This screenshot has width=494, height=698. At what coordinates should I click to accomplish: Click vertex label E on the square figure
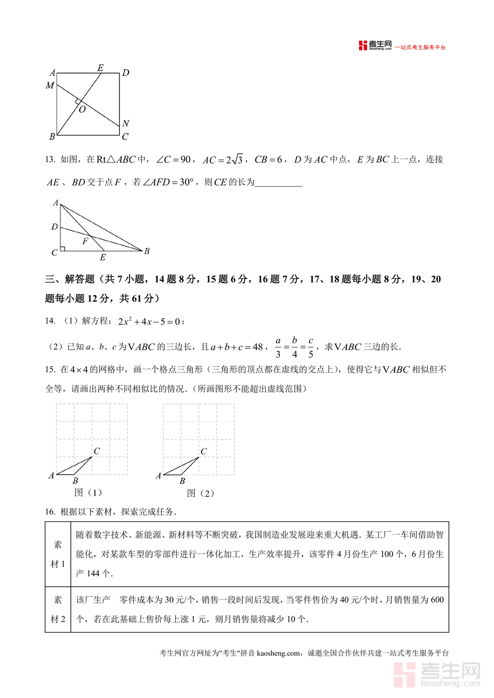(x=100, y=68)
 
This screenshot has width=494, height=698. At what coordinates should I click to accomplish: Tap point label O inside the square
(x=82, y=110)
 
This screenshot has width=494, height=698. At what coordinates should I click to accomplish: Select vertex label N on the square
(x=126, y=123)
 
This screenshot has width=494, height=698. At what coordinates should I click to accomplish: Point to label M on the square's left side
(x=50, y=86)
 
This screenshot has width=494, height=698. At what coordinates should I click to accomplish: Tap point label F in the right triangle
(x=85, y=241)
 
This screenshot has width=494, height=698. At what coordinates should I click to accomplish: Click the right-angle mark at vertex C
(x=63, y=249)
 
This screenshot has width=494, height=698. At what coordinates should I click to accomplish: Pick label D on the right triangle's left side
(x=54, y=227)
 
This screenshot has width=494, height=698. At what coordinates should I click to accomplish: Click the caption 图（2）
(x=200, y=493)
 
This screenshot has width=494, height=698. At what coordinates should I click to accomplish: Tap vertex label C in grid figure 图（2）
(x=203, y=452)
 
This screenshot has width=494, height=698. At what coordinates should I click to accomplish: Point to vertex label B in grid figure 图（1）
(x=75, y=481)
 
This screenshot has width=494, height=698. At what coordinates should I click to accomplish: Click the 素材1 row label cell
(x=58, y=554)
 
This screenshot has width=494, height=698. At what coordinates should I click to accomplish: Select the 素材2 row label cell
(x=58, y=610)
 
